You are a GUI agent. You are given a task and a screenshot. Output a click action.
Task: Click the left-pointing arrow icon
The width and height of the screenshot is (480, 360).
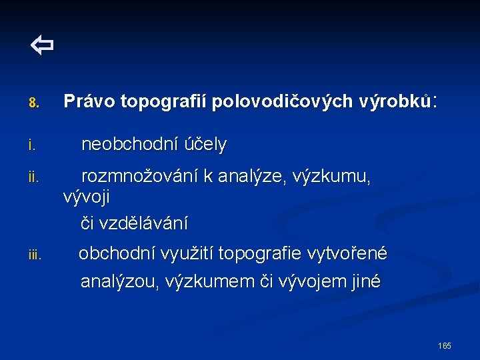pos(41,46)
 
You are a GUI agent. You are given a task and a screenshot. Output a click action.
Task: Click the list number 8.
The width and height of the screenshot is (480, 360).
pos(34,103)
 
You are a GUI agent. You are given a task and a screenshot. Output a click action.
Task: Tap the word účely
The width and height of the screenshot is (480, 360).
pos(209,145)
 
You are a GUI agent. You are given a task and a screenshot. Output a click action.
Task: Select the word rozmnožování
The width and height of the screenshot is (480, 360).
pos(139,177)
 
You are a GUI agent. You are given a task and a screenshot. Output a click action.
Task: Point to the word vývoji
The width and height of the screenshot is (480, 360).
pos(87,198)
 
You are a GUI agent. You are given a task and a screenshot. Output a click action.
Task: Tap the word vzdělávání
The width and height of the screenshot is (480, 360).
pos(143,223)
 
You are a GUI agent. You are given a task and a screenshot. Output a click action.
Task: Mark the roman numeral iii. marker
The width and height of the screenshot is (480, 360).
pos(35,255)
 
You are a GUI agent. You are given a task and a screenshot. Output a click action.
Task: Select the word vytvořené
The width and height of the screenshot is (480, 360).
pos(347,253)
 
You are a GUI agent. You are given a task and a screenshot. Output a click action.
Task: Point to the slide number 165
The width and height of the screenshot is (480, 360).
pos(445,345)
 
